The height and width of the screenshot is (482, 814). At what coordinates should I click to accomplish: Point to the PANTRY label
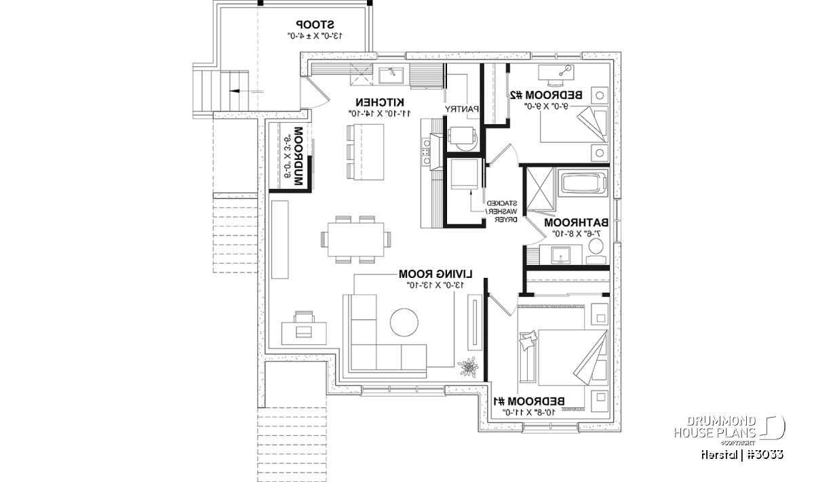462,108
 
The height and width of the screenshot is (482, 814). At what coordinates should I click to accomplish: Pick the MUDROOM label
297,157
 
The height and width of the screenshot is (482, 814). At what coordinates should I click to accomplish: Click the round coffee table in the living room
406,322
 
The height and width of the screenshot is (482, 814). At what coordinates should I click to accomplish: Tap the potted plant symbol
467,367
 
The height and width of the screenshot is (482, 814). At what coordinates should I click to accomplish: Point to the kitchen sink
392,75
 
